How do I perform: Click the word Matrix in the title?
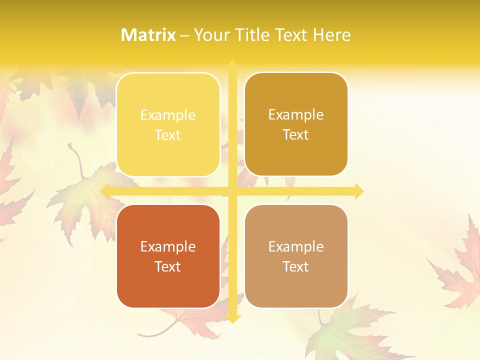pos(148,35)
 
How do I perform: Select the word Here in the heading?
pos(332,35)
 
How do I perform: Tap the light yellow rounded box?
pos(168,125)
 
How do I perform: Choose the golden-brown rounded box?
pos(296,124)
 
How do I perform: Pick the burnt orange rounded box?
pos(168,256)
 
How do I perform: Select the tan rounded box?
pos(296,256)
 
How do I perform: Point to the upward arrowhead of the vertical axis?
pos(232,65)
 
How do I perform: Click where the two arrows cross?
pos(232,191)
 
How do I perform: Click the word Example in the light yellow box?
pos(168,115)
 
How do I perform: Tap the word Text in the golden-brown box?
pos(296,134)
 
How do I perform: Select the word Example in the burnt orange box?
pos(168,247)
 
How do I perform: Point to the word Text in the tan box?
pos(296,266)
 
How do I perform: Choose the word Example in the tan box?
pos(296,247)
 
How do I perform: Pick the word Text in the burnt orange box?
pos(168,266)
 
